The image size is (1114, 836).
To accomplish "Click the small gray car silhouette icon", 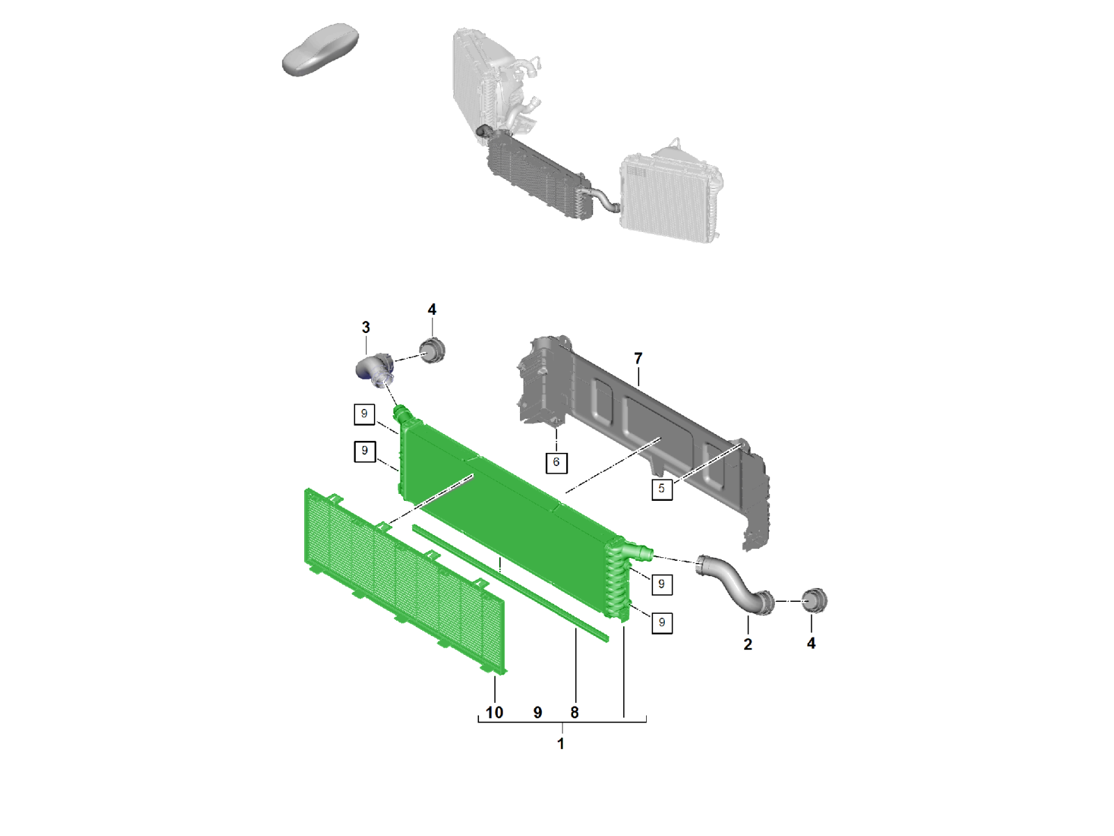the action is pos(320,49).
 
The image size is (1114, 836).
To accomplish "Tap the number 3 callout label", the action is pos(366,327).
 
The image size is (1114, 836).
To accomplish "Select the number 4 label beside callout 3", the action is pos(432,309).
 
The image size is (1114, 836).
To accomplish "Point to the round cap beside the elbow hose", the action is pos(432,350).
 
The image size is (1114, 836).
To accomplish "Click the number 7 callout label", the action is pos(638,358).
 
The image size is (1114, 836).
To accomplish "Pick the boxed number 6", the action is pos(556,463).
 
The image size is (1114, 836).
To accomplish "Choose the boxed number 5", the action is pos(662,489).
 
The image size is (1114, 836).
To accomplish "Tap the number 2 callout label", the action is pos(748,644).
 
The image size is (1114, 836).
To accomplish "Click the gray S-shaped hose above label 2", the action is pos(735,583).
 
